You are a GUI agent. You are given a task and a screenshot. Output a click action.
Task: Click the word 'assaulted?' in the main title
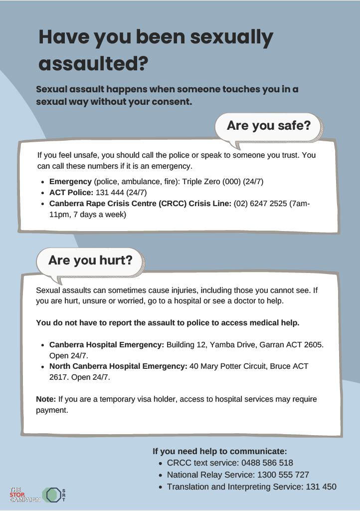pos(93,63)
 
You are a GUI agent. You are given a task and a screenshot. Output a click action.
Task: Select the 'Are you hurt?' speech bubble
pos(90,260)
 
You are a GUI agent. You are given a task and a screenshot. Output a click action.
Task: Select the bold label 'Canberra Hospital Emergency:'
pos(107,345)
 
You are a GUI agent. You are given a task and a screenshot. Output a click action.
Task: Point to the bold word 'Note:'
pos(46,399)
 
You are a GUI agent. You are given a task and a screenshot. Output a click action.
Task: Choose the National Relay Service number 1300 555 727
pos(283,475)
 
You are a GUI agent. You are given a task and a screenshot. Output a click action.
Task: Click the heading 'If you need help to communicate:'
pos(220,451)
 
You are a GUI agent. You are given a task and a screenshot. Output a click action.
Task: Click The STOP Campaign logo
pos(24,495)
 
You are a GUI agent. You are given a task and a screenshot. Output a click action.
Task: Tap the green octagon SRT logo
pos(52,495)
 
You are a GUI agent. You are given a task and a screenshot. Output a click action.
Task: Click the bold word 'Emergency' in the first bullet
pos(70,181)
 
